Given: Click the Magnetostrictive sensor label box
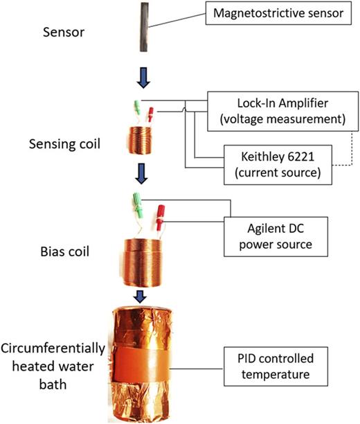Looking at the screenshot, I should coord(276,13).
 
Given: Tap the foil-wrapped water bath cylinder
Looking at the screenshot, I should coord(147,360).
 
